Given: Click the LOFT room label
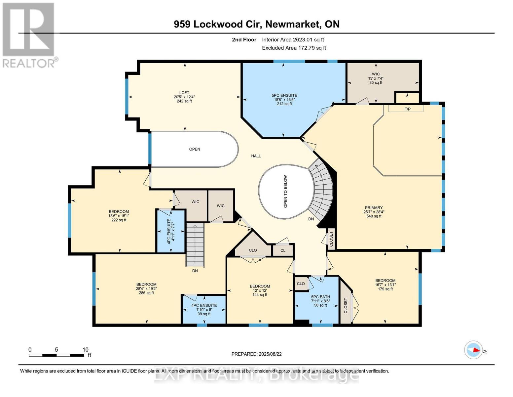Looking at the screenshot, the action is tap(184, 92).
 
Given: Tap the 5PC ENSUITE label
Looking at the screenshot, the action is tap(284, 95).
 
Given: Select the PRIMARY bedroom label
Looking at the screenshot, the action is tap(373, 208).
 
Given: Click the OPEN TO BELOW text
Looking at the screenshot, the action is tap(285, 192).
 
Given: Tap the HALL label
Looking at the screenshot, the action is tap(256, 156).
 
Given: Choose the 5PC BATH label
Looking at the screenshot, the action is tap(320, 297).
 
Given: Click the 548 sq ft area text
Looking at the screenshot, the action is tap(374, 216).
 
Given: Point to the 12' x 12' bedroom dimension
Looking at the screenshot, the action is tap(260, 290).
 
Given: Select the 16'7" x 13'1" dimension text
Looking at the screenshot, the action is tap(385, 285).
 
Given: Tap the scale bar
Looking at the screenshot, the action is tap(56, 355).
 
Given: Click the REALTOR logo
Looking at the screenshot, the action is tap(29, 35).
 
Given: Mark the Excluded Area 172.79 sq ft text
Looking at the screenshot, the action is tap(294, 48).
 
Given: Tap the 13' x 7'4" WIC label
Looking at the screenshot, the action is tap(376, 78).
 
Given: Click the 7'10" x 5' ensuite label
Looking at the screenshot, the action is tap(204, 310).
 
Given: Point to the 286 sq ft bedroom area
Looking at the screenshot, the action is tap(146, 293).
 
